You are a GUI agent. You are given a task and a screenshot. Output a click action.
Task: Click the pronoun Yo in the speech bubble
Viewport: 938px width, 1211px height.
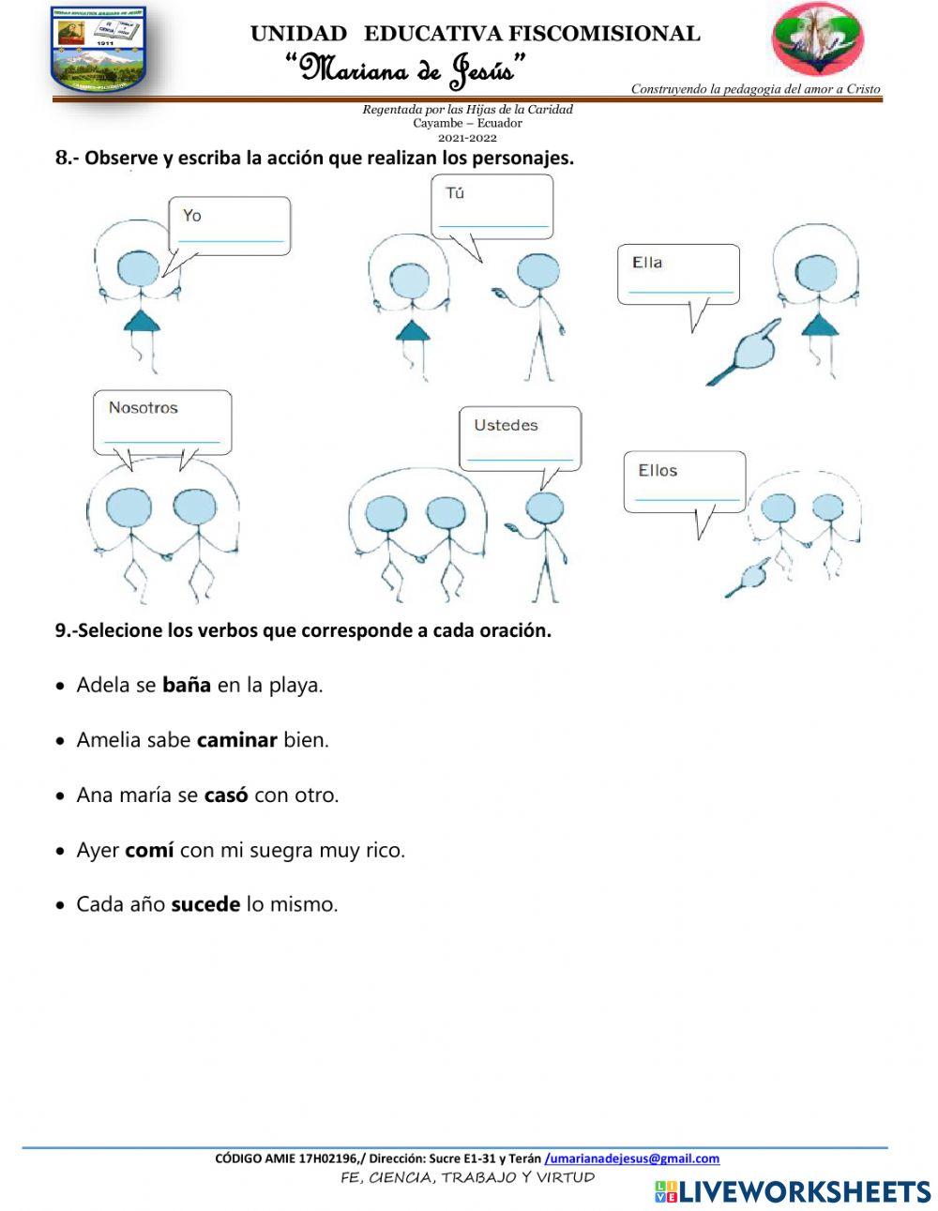point(191,216)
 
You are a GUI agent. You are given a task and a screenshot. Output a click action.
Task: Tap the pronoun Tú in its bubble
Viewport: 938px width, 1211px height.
point(455,193)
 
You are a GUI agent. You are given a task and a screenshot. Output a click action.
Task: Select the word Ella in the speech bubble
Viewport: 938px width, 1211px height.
point(647,263)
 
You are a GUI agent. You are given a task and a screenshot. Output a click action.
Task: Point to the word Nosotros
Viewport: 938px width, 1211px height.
point(143,408)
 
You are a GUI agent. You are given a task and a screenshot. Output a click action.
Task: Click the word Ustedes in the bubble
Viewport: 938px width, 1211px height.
point(506,426)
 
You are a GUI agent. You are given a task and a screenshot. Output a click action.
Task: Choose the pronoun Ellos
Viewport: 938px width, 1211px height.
point(658,471)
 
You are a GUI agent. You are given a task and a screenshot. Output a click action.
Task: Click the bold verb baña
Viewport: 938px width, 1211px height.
point(187,685)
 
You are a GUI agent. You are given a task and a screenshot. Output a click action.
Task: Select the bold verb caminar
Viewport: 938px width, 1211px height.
point(236,740)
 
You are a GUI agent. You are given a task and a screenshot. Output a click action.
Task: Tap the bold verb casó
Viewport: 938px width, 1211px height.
point(226,795)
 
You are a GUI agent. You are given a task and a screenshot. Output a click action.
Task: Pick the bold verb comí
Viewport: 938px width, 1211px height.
point(149,851)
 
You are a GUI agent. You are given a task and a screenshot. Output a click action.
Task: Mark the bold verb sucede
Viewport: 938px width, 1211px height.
point(205,905)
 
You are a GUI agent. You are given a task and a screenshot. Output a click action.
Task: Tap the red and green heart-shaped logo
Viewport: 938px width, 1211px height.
point(817,39)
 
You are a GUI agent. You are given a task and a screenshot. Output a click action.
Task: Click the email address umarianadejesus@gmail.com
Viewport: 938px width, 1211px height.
point(633,1158)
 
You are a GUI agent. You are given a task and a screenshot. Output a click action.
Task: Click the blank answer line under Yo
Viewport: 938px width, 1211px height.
point(231,241)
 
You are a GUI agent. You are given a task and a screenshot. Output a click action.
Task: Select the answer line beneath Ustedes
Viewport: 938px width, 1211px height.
point(520,459)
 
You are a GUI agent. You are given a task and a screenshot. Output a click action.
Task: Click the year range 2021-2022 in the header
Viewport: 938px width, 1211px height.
point(467,137)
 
